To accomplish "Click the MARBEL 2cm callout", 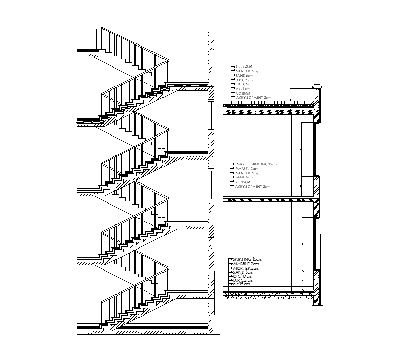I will pos(244,168).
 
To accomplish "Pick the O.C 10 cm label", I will pos(243,276).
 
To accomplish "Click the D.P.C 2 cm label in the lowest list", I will pos(244,280).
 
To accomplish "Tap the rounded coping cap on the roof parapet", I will pos(317,86).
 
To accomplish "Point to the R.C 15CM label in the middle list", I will pos(243,182).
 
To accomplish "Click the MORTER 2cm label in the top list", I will pos(245,71).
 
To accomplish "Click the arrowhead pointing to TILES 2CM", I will pos(233,66).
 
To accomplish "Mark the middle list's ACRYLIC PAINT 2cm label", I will pos(252,187).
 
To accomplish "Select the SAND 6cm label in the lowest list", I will pos(243,272).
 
